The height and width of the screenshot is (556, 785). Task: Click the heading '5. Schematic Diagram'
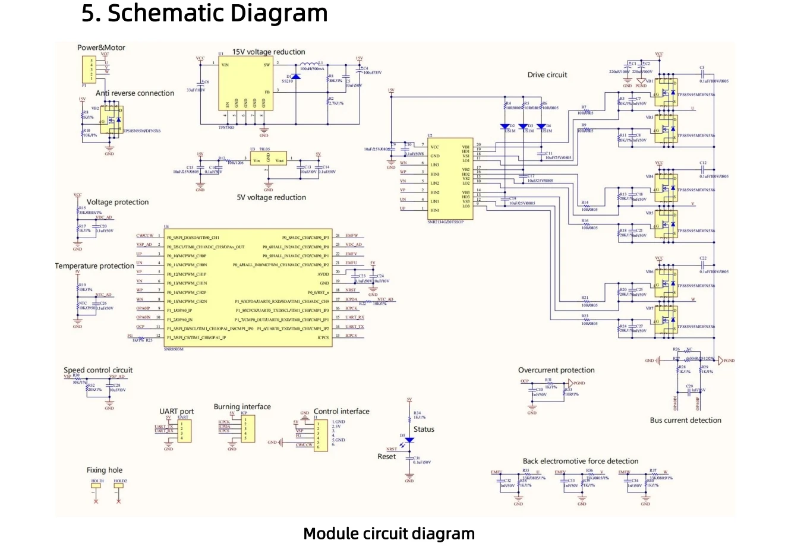(204, 13)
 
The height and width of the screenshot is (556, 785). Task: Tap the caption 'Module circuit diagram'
(389, 533)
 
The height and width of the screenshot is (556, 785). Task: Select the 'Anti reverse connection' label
(135, 93)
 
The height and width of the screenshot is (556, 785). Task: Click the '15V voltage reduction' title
(269, 52)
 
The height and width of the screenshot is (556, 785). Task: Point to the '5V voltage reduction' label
(271, 198)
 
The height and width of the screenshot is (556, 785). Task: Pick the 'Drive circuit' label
(547, 75)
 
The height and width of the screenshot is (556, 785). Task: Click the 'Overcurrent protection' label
(556, 370)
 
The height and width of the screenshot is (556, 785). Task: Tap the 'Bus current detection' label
(685, 421)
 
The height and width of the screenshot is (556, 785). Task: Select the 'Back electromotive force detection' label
(581, 461)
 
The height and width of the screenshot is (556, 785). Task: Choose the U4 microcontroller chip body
(248, 288)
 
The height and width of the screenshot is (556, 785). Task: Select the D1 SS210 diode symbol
(295, 77)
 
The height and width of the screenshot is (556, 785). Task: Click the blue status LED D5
(409, 440)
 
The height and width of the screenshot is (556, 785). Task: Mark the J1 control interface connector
(320, 435)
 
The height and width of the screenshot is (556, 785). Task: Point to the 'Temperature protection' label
(94, 266)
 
